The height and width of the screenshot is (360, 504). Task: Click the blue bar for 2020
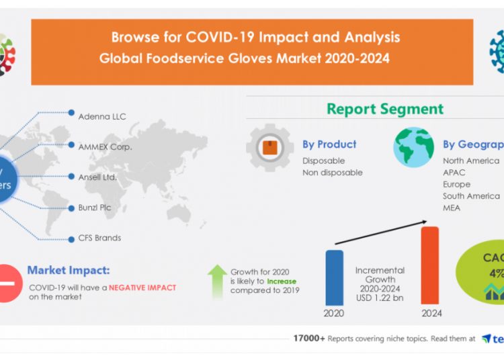[x=335, y=277]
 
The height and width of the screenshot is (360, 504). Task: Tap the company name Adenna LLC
[x=101, y=116]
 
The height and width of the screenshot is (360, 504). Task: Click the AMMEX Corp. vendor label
[x=105, y=146]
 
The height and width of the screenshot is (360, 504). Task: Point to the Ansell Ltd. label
[x=97, y=177]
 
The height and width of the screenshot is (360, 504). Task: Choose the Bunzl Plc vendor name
[x=95, y=208]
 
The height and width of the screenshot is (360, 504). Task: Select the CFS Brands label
[x=99, y=238]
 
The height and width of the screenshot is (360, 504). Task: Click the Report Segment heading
[x=385, y=109]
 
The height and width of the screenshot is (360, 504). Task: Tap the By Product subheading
[x=329, y=144]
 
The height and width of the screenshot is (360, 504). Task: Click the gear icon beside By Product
[x=269, y=147]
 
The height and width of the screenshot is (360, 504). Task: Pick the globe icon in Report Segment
[x=413, y=147]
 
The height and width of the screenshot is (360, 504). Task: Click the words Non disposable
[x=332, y=173]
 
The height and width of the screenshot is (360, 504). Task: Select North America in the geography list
[x=470, y=161]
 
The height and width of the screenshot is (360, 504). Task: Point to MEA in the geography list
[x=452, y=208]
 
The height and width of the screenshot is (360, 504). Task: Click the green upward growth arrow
[x=217, y=281]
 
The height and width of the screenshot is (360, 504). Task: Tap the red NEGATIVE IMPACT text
[x=142, y=287]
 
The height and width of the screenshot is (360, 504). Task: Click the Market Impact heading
[x=68, y=271]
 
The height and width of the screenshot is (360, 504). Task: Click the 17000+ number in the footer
[x=308, y=339]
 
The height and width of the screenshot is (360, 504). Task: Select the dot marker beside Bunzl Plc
[x=71, y=207]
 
